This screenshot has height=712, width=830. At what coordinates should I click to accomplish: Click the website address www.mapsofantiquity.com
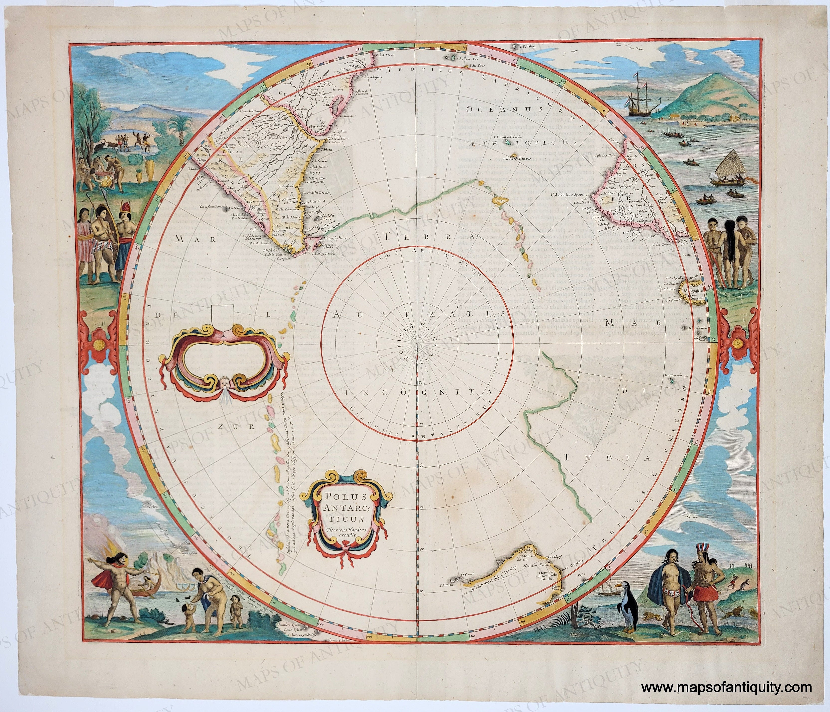726,688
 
